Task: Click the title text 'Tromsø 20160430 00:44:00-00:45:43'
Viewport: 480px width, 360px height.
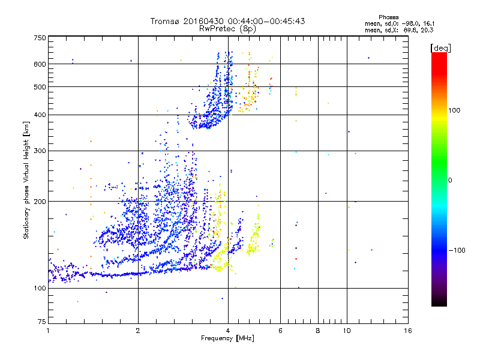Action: coord(227,21)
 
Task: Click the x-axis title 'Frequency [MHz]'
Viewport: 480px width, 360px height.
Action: coord(227,339)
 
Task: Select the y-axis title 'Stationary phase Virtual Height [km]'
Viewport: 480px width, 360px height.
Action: coord(26,180)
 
